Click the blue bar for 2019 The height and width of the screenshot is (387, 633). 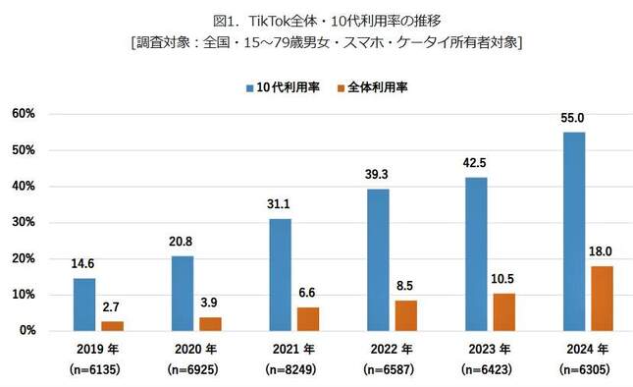(85, 304)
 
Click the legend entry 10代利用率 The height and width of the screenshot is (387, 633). (284, 87)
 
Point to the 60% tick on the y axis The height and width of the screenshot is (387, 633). (24, 114)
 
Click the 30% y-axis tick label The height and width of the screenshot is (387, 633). (24, 223)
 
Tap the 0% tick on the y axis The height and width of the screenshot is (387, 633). (26, 331)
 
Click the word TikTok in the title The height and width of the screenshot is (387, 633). (277, 21)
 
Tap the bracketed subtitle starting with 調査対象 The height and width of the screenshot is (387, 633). (317, 42)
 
